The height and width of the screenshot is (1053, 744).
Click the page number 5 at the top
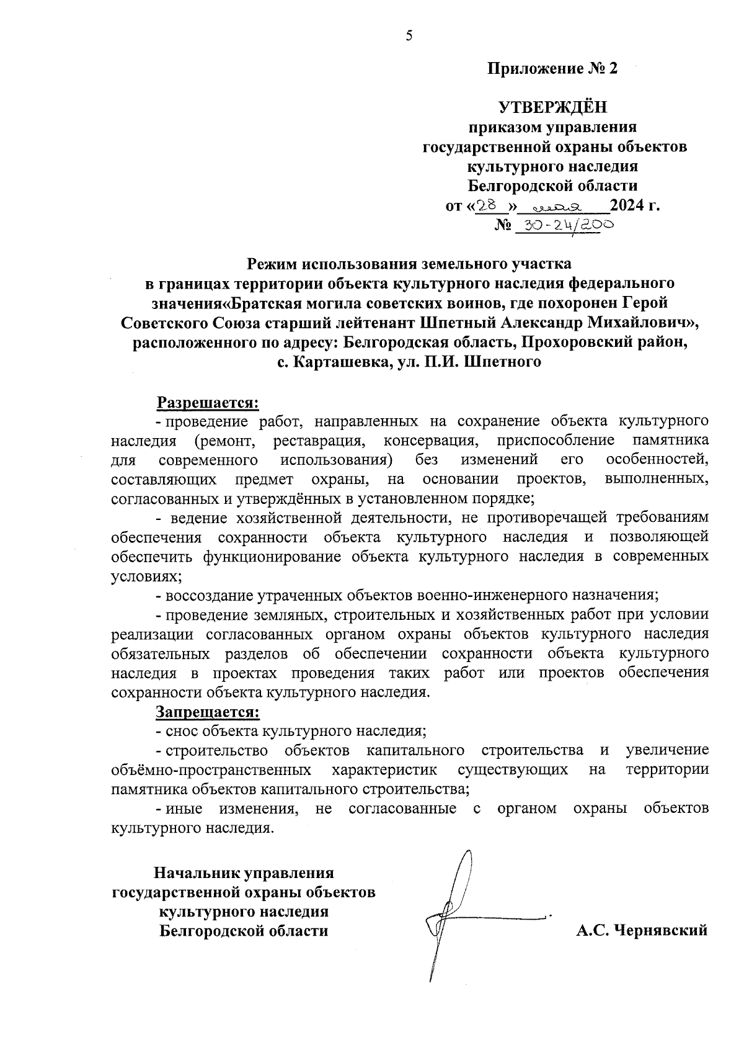click(x=409, y=36)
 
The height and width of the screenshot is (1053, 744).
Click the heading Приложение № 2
click(x=552, y=69)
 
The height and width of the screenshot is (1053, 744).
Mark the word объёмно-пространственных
click(x=211, y=770)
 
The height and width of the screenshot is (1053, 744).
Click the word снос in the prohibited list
click(x=180, y=731)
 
